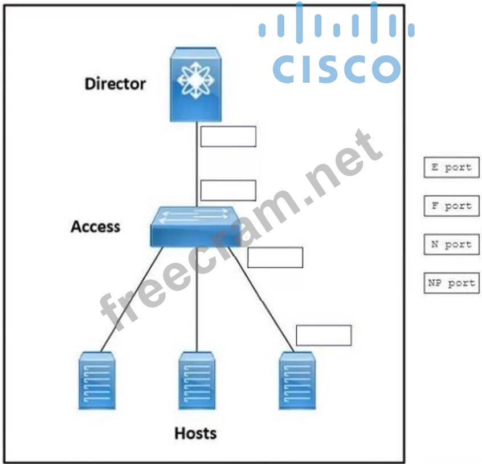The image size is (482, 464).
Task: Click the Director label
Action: (115, 84)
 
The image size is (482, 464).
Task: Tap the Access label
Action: (95, 227)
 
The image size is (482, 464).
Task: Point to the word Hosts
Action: (195, 433)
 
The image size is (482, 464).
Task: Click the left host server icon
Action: (96, 380)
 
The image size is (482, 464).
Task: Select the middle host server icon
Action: (197, 380)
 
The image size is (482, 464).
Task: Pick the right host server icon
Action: (297, 380)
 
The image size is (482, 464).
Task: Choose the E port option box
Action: (451, 168)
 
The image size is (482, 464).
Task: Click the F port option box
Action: (451, 206)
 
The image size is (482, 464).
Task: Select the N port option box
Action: (451, 244)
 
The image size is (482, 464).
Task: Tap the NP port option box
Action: (451, 283)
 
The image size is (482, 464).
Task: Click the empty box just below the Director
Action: (228, 137)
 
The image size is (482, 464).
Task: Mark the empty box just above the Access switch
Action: (228, 191)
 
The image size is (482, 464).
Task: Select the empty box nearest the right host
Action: (324, 336)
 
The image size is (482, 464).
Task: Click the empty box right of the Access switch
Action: (275, 257)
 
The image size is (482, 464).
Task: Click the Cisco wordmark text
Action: (336, 68)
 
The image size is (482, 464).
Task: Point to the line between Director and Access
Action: (197, 166)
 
